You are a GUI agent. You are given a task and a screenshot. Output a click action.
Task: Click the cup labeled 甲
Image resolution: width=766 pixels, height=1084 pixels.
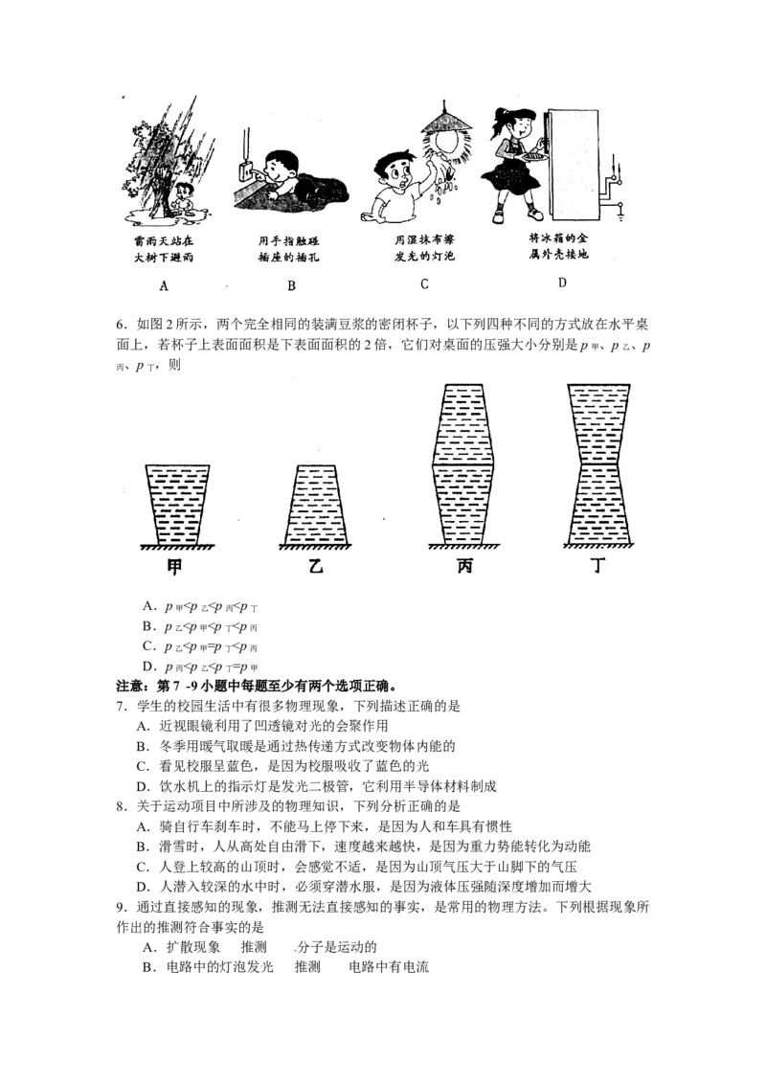(177, 505)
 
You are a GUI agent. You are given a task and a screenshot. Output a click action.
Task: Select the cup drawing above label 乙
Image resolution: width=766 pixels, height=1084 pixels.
(315, 505)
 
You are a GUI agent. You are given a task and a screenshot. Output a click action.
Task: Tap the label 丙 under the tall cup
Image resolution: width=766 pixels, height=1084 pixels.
(464, 566)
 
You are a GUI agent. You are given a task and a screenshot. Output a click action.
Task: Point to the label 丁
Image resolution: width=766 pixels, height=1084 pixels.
(598, 566)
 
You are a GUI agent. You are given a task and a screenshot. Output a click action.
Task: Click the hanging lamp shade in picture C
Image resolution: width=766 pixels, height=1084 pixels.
(447, 121)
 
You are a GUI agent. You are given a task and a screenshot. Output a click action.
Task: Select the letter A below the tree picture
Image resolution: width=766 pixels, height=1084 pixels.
(164, 285)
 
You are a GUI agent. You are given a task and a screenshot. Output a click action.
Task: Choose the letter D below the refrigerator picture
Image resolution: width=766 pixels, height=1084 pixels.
(562, 282)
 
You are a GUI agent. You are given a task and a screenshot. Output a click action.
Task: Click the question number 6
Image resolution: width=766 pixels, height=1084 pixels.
(121, 325)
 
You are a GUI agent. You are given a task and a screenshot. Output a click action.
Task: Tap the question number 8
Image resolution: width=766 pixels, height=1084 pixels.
(121, 806)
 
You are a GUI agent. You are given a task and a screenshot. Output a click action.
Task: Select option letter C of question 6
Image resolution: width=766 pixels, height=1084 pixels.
(148, 646)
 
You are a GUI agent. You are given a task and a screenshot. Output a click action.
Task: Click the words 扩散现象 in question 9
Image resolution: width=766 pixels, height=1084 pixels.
(192, 947)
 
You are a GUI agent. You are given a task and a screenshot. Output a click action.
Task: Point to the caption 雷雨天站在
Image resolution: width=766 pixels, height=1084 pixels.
(164, 240)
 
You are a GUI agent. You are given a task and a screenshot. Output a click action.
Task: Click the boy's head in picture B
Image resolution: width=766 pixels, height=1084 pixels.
(282, 165)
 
